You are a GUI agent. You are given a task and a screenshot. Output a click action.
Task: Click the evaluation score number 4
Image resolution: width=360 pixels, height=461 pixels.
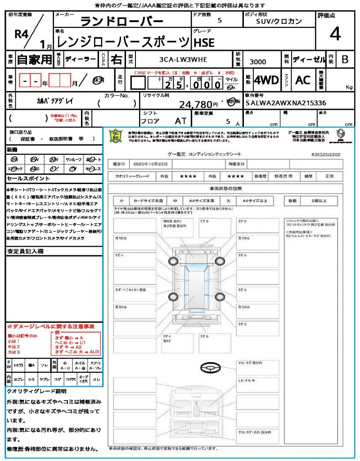[335, 34]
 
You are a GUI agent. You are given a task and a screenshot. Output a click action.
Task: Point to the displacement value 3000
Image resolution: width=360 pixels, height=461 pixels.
[257, 62]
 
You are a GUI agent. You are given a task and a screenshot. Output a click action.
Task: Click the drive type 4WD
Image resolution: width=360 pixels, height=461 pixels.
[266, 80]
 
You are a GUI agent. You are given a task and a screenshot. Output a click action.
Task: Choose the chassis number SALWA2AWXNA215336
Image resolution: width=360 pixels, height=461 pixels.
[286, 103]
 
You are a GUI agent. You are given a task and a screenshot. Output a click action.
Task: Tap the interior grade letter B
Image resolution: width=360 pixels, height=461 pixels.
[345, 59]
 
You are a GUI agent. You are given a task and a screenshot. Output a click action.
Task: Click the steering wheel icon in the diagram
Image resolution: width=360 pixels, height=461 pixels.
[209, 369]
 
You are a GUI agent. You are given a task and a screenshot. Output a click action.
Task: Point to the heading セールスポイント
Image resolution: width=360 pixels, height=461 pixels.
[25, 179]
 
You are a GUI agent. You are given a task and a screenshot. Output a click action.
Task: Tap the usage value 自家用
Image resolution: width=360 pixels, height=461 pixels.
[35, 59]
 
